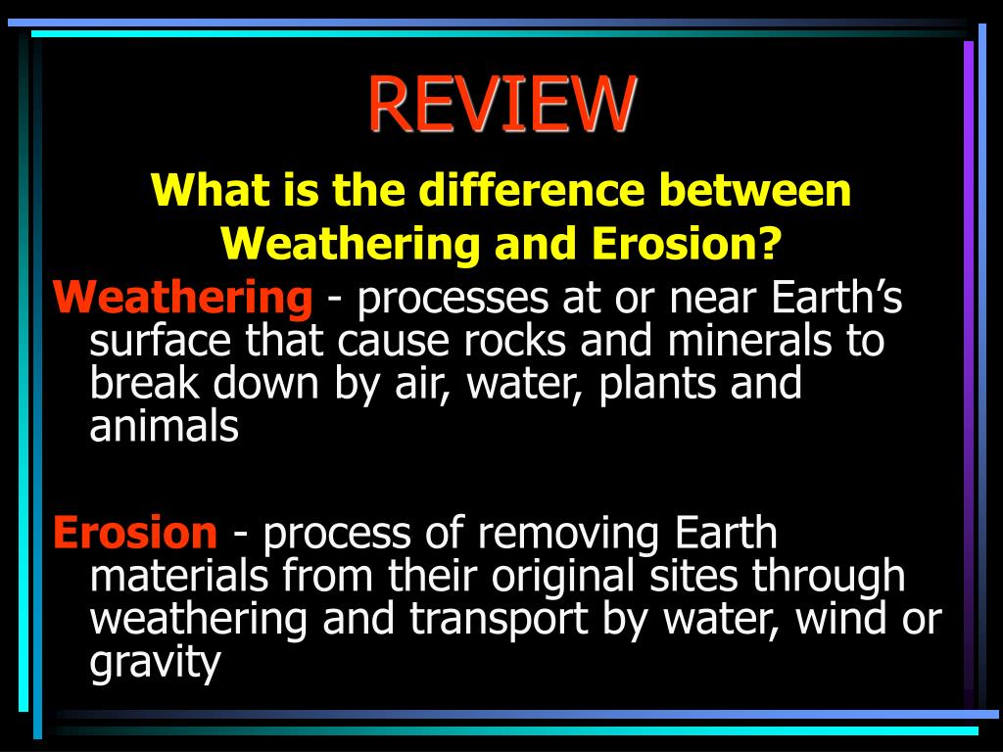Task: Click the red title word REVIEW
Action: click(501, 104)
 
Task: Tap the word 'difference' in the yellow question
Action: click(532, 191)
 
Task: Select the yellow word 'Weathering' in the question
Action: click(351, 244)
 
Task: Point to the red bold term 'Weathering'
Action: click(183, 297)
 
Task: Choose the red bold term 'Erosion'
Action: click(135, 534)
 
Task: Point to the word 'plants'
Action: click(659, 384)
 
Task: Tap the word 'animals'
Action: click(164, 427)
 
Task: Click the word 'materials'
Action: click(178, 576)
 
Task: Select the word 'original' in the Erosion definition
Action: click(565, 578)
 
